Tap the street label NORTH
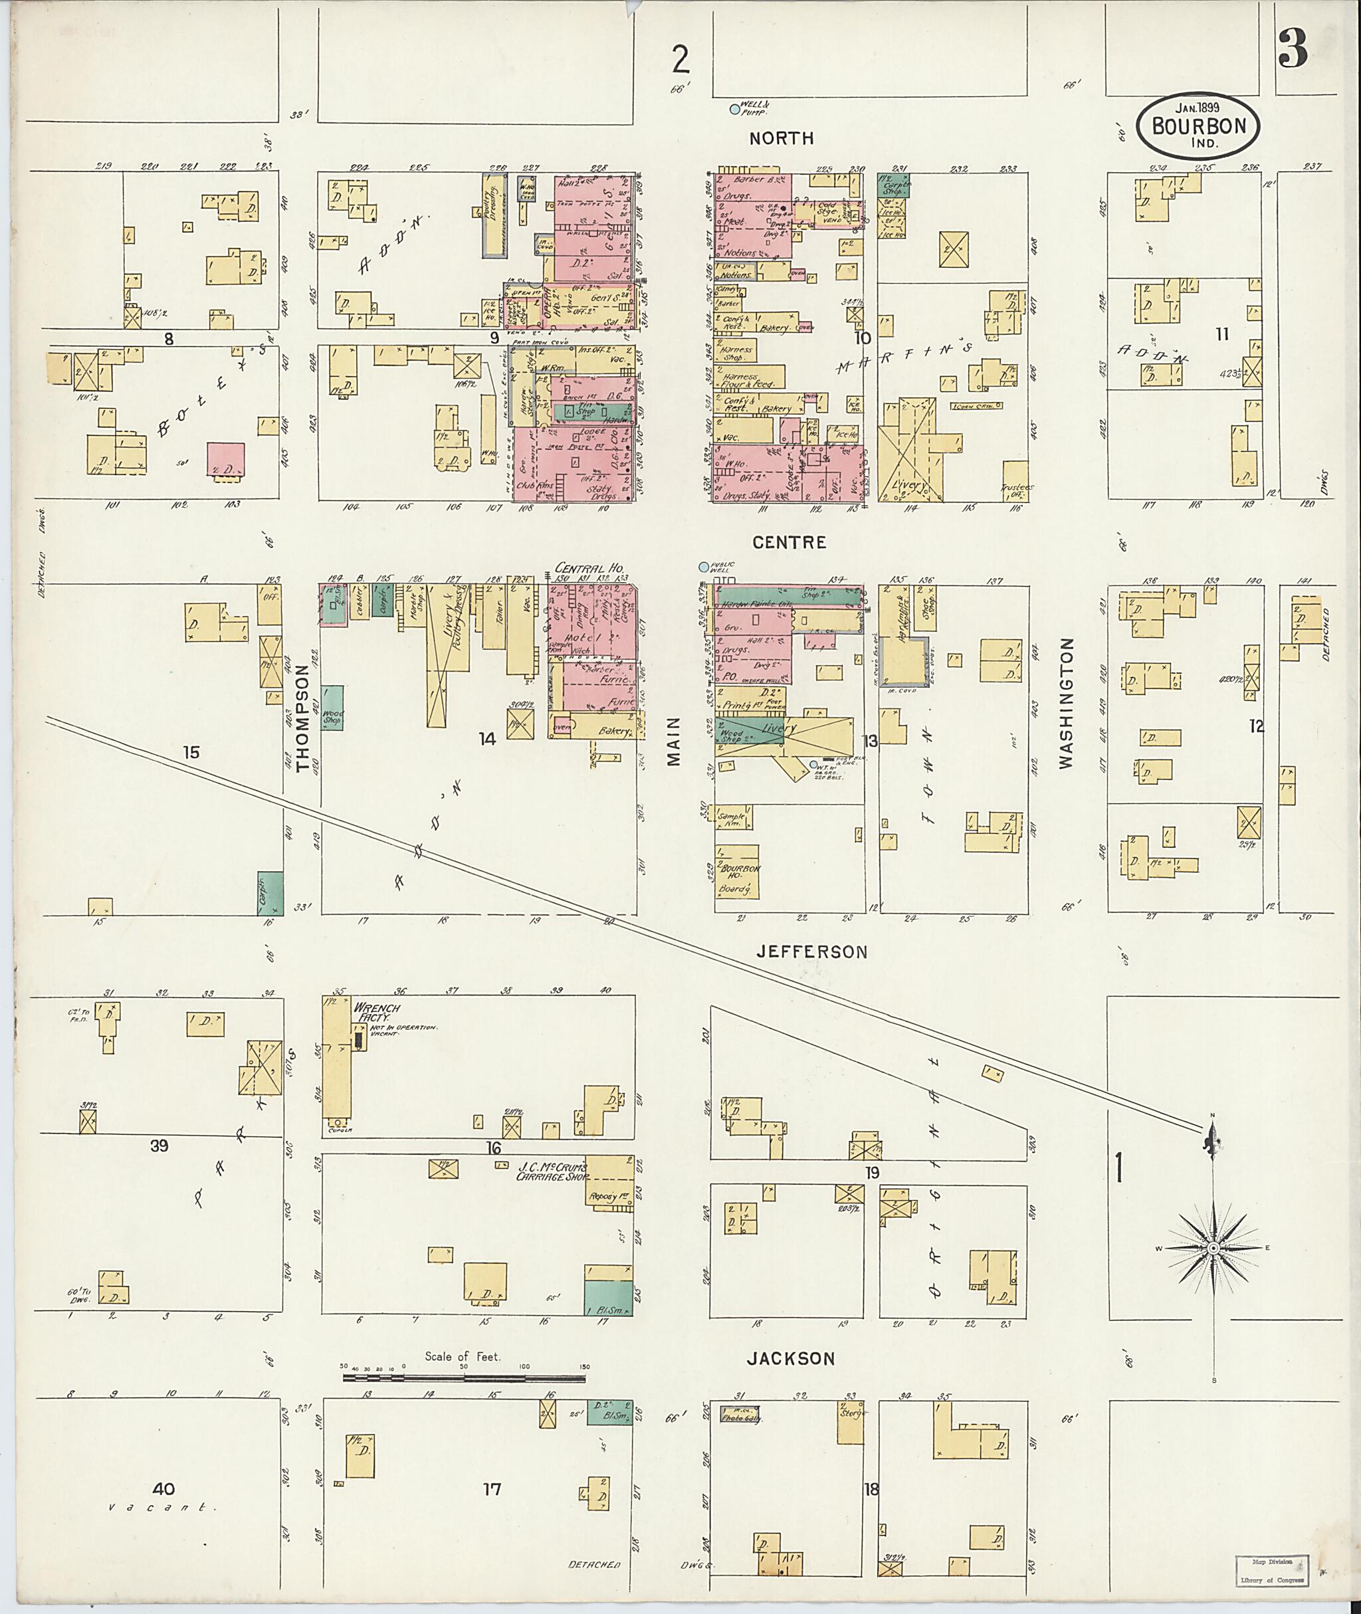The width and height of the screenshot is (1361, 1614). pos(782,138)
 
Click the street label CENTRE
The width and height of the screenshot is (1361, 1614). pos(789,542)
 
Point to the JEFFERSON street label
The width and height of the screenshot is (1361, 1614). pos(811,952)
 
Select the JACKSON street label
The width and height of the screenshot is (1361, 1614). pos(791,1359)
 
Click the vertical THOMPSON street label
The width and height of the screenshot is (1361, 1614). pos(302,719)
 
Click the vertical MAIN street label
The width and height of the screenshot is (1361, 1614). pos(675,742)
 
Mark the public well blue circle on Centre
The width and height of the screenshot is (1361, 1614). pos(703,567)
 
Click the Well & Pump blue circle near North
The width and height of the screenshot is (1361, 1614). pos(734,110)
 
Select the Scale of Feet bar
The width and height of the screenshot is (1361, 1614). pos(465,1377)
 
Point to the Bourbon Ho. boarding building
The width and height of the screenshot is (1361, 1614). pos(738,872)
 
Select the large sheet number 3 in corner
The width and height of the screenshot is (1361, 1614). pos(1292,50)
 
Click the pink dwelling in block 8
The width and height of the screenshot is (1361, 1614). pos(226,461)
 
